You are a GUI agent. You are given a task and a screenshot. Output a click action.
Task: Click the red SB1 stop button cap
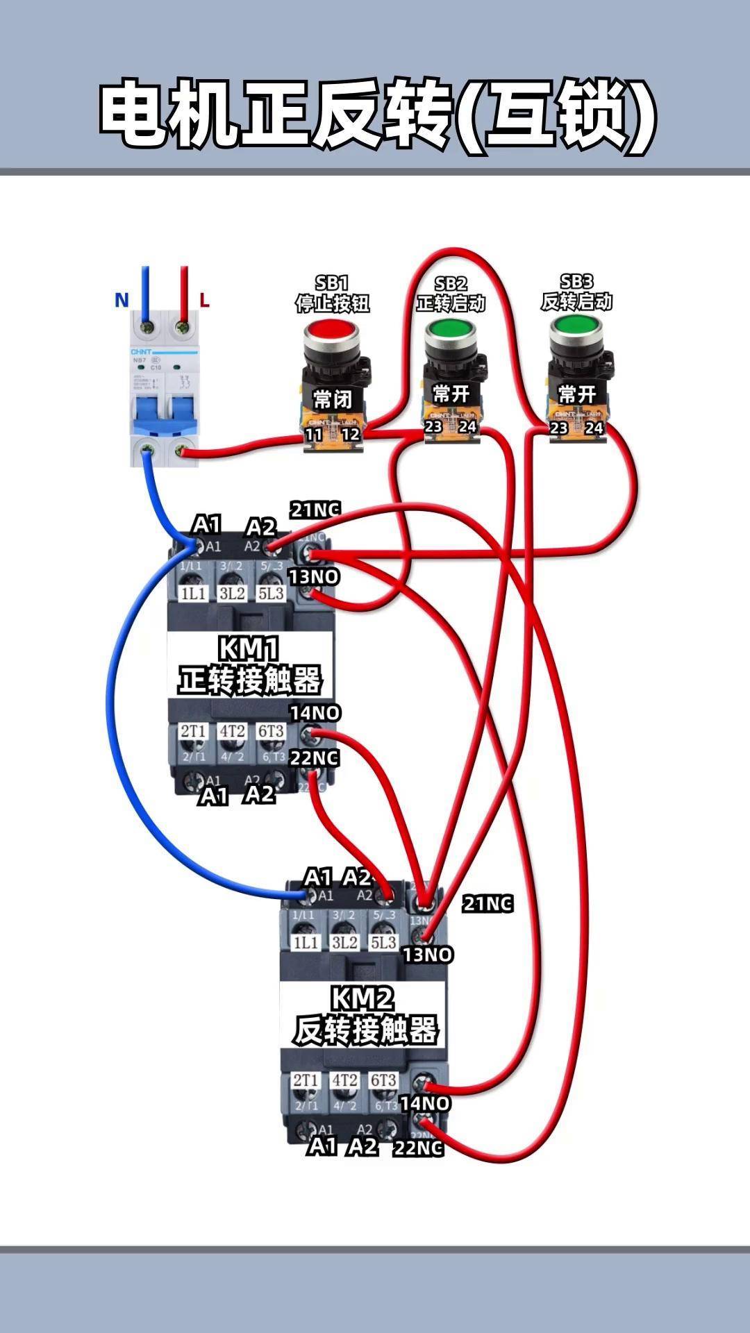coord(331,332)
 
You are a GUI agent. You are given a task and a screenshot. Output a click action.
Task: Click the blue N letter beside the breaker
coord(122,300)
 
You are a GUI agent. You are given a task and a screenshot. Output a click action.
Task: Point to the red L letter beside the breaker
coord(204,300)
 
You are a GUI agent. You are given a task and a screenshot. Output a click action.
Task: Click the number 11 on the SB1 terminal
coord(314,435)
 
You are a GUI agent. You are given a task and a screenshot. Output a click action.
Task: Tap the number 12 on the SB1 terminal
coord(351,435)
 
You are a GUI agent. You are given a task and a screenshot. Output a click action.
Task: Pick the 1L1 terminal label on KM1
coord(193,594)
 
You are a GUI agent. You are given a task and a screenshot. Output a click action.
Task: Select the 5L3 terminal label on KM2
coord(383,942)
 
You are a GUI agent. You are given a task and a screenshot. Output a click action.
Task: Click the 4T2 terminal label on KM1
coord(232,731)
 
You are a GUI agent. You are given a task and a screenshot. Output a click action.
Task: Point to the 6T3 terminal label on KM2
coord(383,1080)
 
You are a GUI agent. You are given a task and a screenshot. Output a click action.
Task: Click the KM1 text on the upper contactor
coord(249,649)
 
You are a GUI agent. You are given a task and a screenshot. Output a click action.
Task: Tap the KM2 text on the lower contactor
coord(362,998)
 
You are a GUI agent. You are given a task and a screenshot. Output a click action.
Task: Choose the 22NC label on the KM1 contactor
coord(315,758)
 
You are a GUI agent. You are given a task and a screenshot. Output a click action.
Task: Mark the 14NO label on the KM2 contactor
coord(425,1103)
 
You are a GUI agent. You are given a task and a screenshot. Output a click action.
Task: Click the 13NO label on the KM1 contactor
coord(315,576)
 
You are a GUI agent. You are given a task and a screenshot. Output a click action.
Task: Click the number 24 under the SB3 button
coord(594,428)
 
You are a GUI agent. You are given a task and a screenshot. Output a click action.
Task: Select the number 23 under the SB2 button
coord(433,426)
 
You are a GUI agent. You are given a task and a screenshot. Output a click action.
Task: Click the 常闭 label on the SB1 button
coord(333,399)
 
